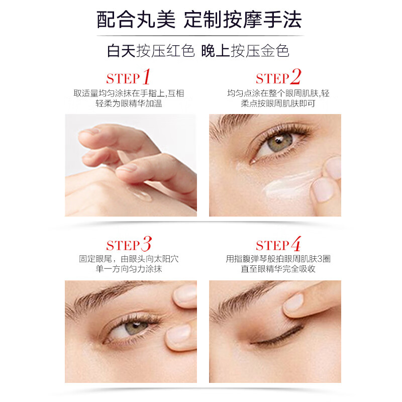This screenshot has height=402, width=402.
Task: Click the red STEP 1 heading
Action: point(128,77)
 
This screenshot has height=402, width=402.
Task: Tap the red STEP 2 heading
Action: point(278,77)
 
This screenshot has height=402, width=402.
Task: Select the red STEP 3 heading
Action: point(129,244)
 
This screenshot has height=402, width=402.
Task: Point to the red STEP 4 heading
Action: point(278,244)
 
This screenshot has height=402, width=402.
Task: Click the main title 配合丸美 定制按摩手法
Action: point(199,20)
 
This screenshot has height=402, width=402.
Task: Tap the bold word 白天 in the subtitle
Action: point(121,51)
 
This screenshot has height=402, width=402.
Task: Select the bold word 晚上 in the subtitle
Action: point(216,51)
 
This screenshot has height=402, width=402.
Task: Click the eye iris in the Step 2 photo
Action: point(280,142)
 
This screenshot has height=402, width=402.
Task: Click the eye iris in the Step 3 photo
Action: point(136,328)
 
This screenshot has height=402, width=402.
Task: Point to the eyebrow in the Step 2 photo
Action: point(232,123)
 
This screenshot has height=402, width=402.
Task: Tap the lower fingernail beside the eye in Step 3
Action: point(179,334)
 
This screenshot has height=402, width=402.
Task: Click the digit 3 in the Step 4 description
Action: point(320,259)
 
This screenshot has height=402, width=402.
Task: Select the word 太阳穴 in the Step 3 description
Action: point(166,259)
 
